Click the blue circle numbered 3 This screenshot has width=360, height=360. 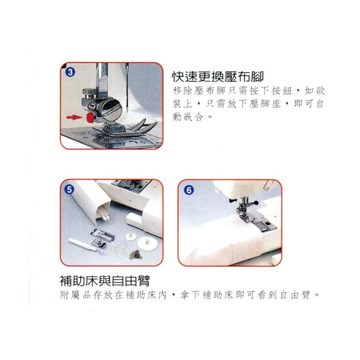70,72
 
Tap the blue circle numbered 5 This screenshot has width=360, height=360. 69,189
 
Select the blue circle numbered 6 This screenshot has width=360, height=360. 189,190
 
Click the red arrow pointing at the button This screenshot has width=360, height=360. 74,117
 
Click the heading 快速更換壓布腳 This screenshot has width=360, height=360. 218,76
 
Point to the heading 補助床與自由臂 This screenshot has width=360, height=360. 105,280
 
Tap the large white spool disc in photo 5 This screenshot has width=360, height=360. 147,243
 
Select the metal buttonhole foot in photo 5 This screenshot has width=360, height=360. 102,234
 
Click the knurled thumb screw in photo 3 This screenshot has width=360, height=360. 89,92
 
